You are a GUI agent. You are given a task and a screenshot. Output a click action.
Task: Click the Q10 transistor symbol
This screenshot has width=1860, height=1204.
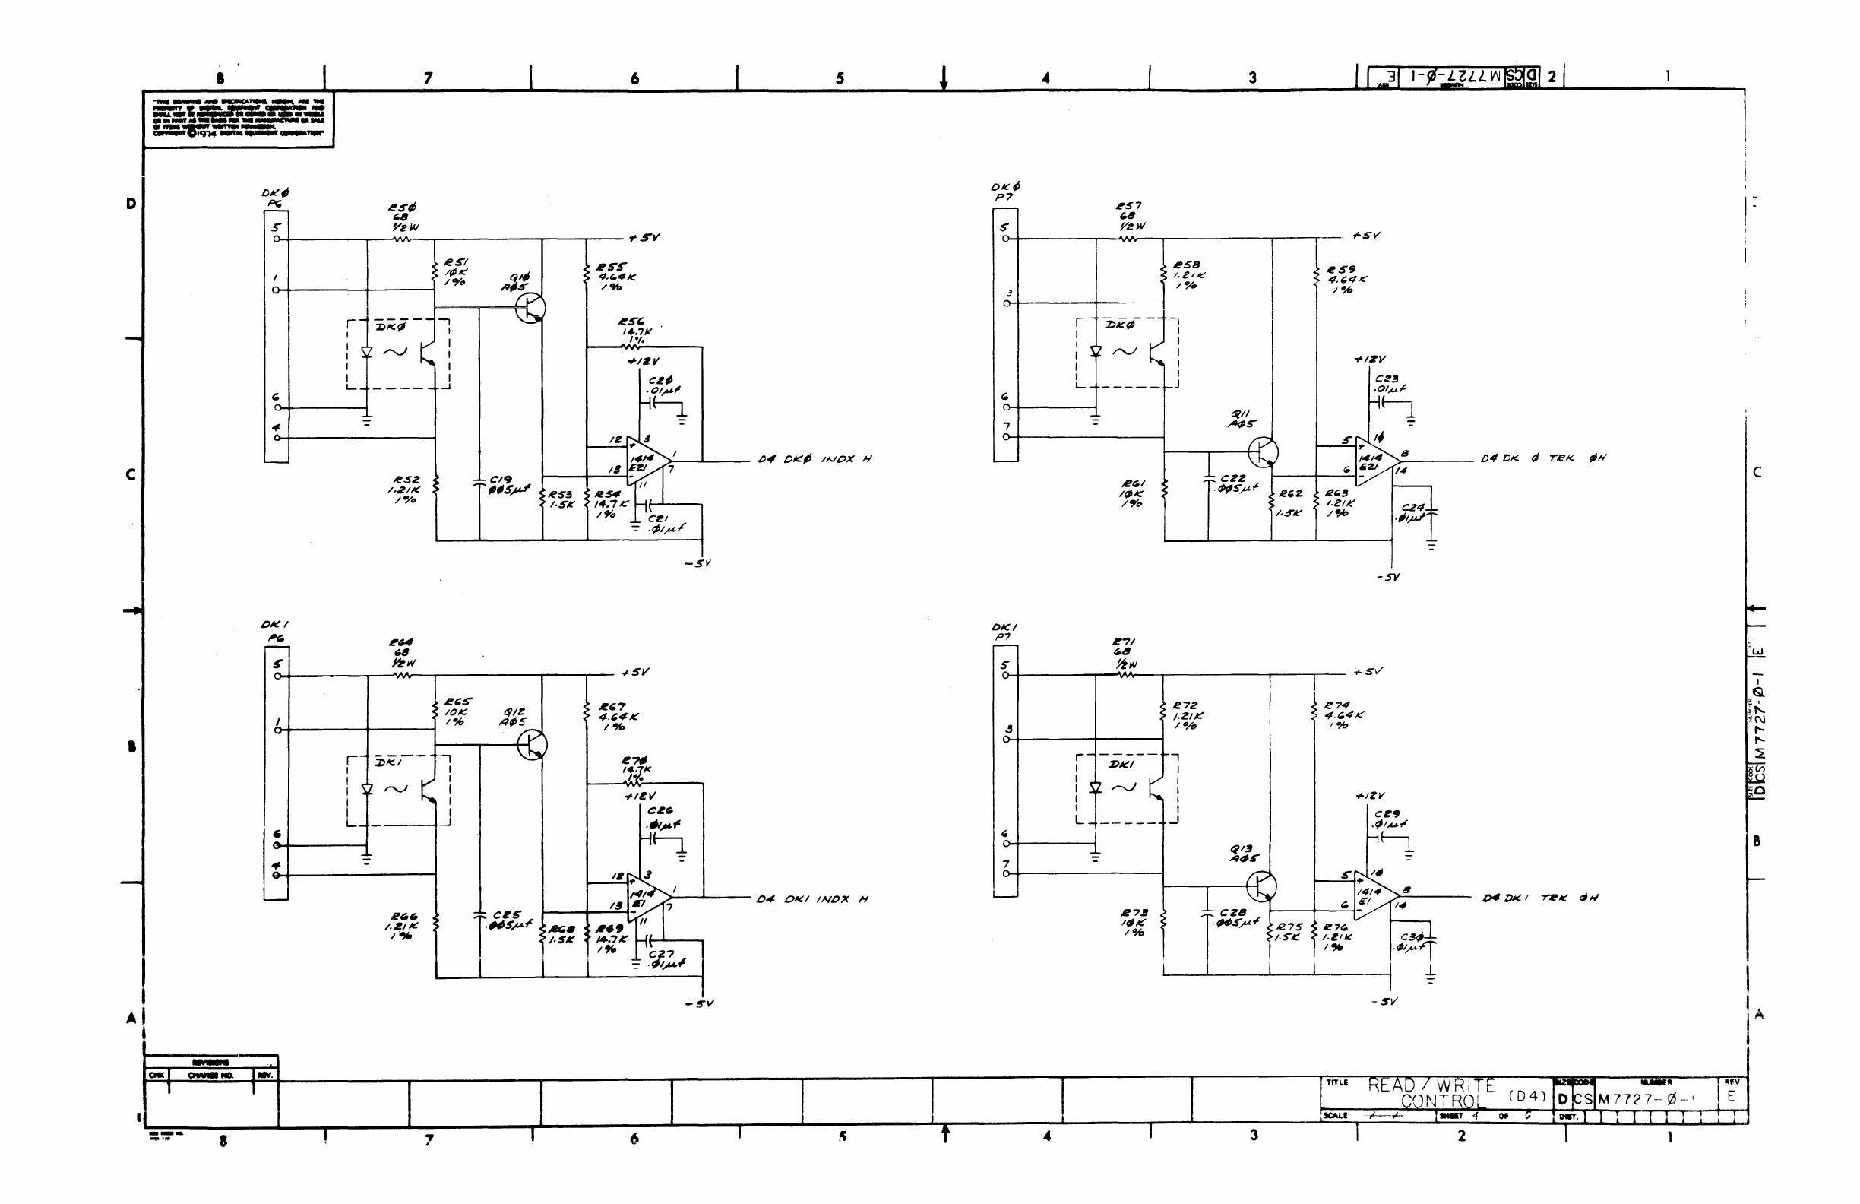tap(530, 307)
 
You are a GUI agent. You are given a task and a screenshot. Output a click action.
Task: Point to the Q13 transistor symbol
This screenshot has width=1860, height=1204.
tap(1261, 886)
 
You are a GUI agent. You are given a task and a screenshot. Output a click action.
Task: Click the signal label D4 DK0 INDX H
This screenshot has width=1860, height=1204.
tap(815, 459)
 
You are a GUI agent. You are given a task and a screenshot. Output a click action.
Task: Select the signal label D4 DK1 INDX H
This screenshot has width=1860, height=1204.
tap(812, 899)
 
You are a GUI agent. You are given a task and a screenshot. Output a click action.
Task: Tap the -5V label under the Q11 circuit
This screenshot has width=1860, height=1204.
tap(1388, 577)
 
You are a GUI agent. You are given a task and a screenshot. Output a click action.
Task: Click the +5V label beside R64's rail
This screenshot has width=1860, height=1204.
tap(634, 673)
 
